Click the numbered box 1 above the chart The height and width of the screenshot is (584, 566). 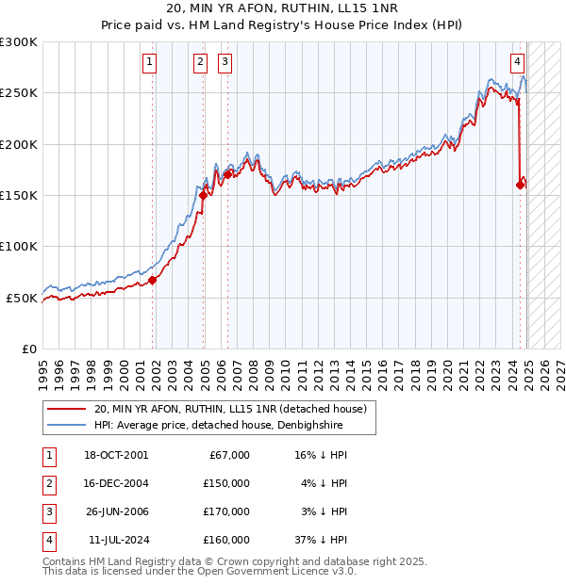(x=150, y=63)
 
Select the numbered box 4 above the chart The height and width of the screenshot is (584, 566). (x=518, y=63)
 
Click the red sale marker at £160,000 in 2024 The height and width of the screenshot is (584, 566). (x=520, y=186)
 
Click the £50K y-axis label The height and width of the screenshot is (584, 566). (x=22, y=298)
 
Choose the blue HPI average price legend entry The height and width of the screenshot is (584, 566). (x=217, y=426)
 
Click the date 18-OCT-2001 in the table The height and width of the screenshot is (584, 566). (x=116, y=455)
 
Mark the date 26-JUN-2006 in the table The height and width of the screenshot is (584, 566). (x=116, y=511)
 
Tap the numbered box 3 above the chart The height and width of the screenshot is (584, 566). (x=225, y=63)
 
